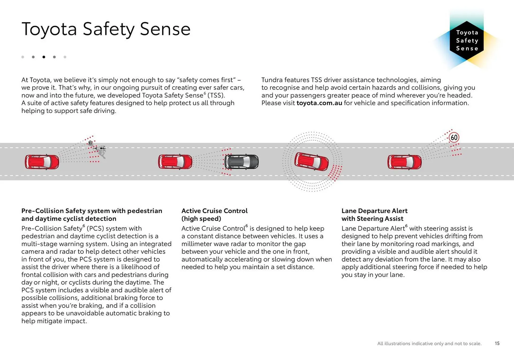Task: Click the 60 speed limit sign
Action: pyautogui.click(x=454, y=138)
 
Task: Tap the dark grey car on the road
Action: pyautogui.click(x=241, y=162)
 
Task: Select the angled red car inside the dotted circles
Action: pyautogui.click(x=311, y=161)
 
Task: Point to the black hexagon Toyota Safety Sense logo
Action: pyautogui.click(x=467, y=40)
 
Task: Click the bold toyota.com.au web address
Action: pyautogui.click(x=319, y=103)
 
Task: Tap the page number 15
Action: pyautogui.click(x=497, y=343)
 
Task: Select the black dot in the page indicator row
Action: pyautogui.click(x=44, y=57)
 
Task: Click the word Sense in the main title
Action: pyautogui.click(x=165, y=29)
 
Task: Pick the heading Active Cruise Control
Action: pyautogui.click(x=214, y=211)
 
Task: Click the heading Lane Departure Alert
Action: pyautogui.click(x=374, y=211)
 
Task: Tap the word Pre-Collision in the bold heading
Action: pyautogui.click(x=43, y=211)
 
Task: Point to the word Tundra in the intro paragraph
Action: pyautogui.click(x=272, y=80)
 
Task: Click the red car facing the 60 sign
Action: pyautogui.click(x=404, y=162)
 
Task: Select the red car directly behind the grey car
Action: pyautogui.click(x=175, y=162)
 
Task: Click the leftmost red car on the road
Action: pyautogui.click(x=42, y=162)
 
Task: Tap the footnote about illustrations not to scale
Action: pyautogui.click(x=429, y=343)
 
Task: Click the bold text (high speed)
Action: pyautogui.click(x=201, y=219)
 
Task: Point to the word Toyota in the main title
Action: pyautogui.click(x=49, y=29)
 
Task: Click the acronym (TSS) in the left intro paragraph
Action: pyautogui.click(x=216, y=95)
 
